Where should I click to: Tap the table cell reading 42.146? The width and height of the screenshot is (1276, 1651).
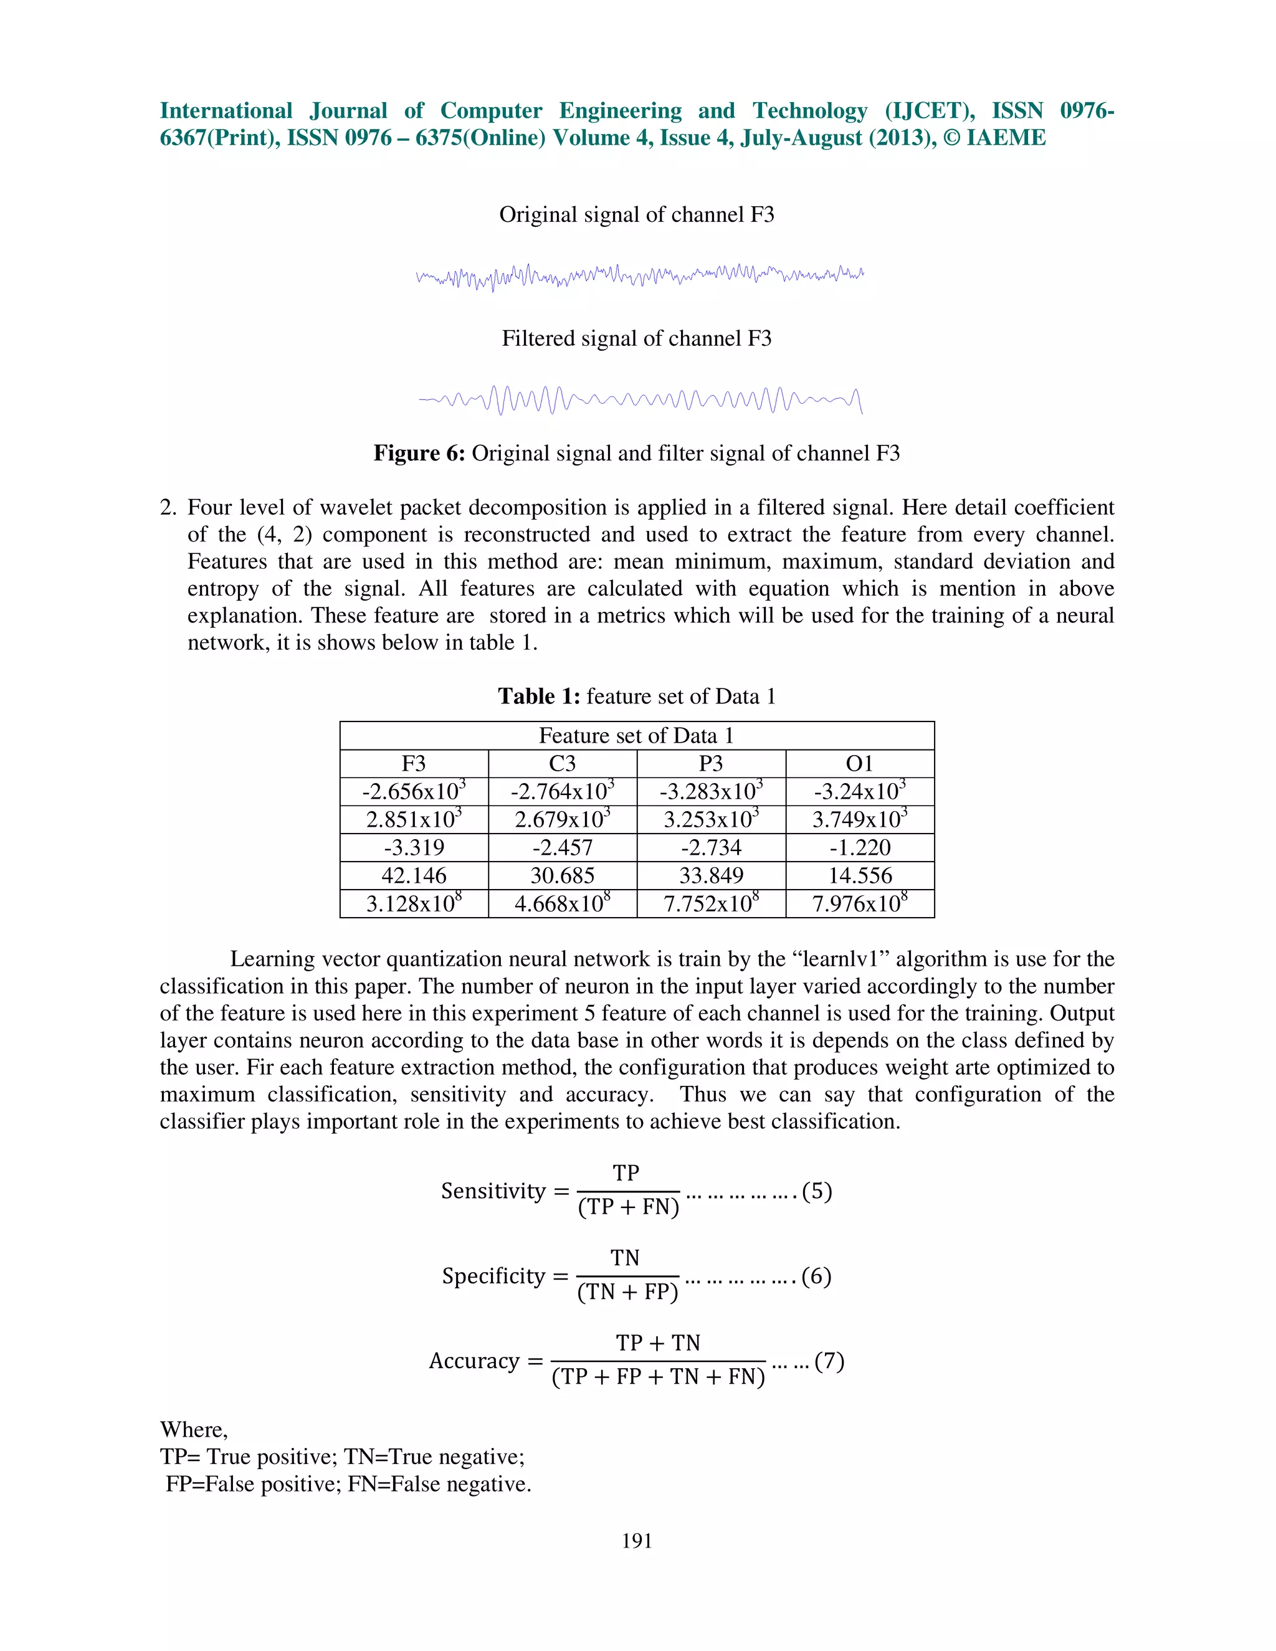(x=414, y=875)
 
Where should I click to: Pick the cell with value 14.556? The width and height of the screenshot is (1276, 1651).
(x=859, y=875)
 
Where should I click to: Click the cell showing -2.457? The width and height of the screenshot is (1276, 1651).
(x=563, y=847)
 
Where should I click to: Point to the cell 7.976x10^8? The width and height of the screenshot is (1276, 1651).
(x=859, y=903)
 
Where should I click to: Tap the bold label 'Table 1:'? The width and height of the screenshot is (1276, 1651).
(x=538, y=697)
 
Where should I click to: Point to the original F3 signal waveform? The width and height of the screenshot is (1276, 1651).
(x=639, y=277)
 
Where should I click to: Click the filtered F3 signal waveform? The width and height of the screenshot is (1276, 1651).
(x=639, y=400)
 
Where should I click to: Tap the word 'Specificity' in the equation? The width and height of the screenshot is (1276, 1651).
(x=493, y=1277)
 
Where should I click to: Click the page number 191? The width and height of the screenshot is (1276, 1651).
(x=637, y=1541)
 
